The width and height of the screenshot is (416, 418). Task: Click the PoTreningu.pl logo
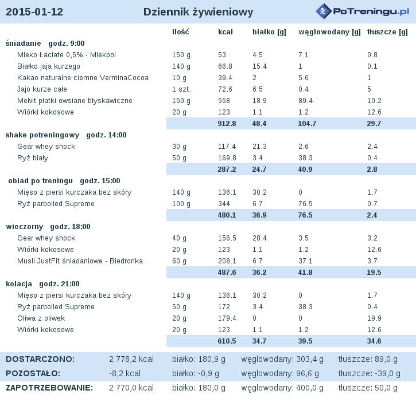[362, 11]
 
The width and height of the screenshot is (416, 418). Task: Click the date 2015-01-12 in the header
[34, 12]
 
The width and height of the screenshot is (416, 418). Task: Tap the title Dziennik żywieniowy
[199, 12]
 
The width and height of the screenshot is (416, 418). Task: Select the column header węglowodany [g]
[329, 32]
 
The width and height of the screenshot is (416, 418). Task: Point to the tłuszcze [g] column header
[387, 32]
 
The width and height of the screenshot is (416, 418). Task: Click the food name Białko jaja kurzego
[49, 66]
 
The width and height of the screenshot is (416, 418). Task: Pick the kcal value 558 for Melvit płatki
[224, 101]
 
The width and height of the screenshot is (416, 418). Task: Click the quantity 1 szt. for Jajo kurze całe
[181, 89]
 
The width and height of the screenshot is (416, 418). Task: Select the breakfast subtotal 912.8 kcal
[227, 124]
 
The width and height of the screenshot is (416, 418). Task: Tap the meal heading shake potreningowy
[42, 135]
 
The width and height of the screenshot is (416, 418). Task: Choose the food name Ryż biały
[33, 158]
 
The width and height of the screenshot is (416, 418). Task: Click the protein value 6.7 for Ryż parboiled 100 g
[258, 204]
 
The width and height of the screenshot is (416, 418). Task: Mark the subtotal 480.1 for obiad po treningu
[227, 215]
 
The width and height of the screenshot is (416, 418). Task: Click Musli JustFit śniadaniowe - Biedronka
[80, 261]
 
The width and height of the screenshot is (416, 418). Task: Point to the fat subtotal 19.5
[374, 272]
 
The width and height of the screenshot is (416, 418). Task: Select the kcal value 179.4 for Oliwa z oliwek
[227, 318]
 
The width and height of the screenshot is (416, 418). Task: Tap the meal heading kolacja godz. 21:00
[43, 283]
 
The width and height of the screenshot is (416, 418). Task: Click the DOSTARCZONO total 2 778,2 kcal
[131, 359]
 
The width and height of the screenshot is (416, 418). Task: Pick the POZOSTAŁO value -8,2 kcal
[125, 373]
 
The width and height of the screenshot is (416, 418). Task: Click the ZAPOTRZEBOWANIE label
[49, 388]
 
